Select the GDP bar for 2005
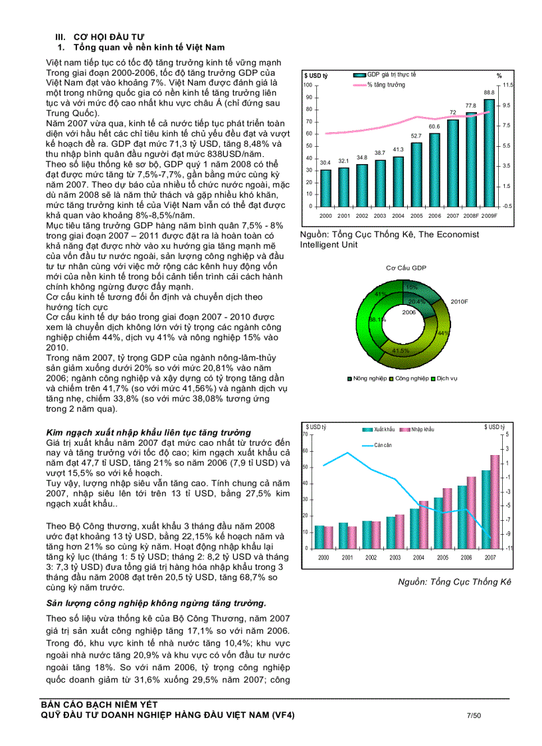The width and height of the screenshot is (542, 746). point(416,175)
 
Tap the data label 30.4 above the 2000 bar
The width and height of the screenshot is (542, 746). point(325,162)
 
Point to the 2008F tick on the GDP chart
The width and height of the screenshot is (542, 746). point(470,216)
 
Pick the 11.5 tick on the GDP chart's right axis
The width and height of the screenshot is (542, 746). point(508,86)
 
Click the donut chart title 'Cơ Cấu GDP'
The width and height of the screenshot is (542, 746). point(406,268)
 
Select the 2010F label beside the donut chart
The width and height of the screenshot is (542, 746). point(460,302)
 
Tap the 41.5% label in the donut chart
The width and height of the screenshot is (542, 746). point(401,350)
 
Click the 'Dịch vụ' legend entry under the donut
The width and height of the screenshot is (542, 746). point(443,378)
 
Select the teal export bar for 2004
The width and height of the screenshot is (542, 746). point(414,528)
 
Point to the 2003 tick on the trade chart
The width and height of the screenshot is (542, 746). point(395,557)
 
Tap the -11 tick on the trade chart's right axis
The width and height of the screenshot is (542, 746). point(509,548)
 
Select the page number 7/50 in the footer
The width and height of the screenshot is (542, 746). point(474,715)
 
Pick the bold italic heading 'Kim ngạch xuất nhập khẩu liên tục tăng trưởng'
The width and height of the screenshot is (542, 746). point(148,432)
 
